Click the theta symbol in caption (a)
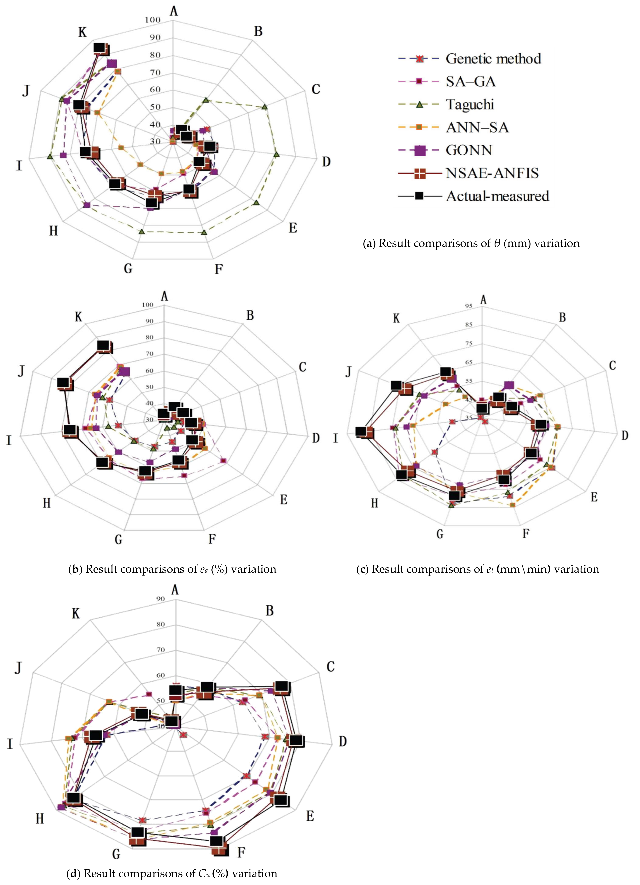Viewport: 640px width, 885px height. click(x=497, y=244)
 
